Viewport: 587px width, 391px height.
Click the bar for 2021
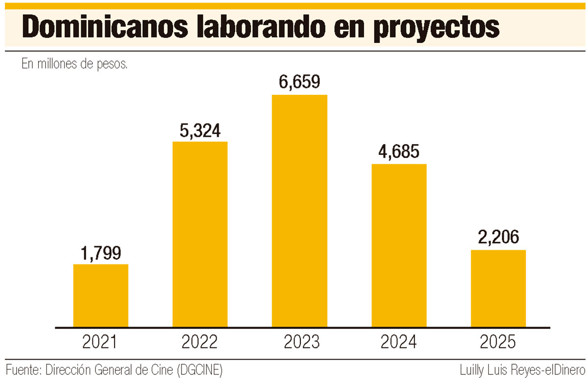coord(101,295)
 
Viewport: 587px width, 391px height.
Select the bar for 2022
coord(200,234)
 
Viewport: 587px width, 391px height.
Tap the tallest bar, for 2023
coord(299,211)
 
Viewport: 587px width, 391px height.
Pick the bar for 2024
coord(399,245)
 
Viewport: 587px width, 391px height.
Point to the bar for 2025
coord(498,288)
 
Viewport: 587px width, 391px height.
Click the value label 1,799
coord(101,253)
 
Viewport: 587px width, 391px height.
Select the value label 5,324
coord(200,130)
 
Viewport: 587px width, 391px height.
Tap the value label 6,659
coord(299,83)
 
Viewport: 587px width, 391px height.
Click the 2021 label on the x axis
coord(101,342)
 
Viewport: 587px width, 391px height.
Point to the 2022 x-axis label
coord(200,342)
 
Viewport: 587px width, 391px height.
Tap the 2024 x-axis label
coord(399,342)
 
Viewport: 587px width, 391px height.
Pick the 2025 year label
coord(498,342)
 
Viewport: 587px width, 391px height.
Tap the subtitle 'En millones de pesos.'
coord(74,64)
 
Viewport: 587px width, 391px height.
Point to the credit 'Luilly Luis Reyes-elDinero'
coord(522,370)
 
